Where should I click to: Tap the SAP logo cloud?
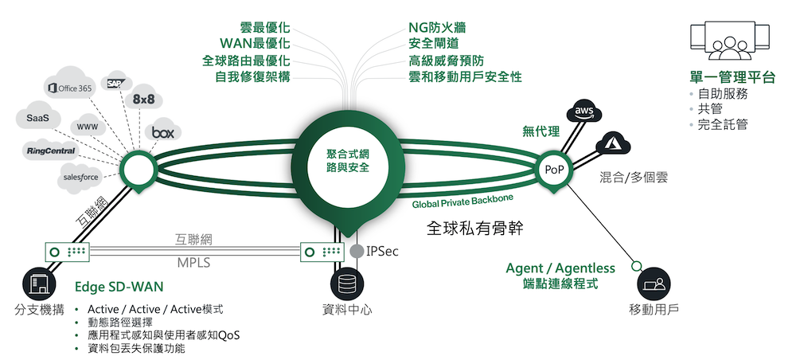(116, 82)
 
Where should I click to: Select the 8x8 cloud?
(144, 100)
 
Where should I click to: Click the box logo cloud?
(162, 132)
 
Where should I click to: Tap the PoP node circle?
(554, 170)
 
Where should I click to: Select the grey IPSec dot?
(357, 252)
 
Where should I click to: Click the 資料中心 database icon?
(346, 283)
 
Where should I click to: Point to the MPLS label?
(193, 262)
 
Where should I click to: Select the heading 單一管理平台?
(732, 76)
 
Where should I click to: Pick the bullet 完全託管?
(723, 124)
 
